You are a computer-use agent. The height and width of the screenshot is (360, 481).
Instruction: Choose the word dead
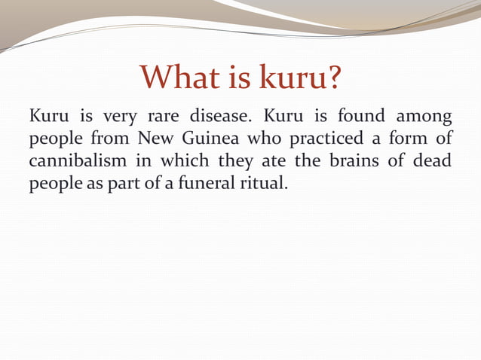(x=434, y=162)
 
